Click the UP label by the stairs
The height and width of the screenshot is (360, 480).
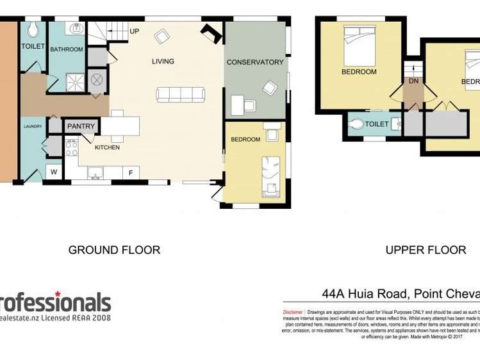[135, 31]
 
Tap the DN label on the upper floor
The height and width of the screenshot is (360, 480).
[413, 81]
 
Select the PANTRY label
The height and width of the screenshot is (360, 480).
[81, 126]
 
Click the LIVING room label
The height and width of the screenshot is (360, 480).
[163, 61]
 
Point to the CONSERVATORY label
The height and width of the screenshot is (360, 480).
[254, 62]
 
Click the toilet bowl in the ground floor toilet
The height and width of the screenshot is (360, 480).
[33, 29]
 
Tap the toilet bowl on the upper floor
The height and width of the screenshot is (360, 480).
[356, 124]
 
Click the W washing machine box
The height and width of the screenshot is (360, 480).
[54, 172]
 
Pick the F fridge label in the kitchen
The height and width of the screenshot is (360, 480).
[131, 173]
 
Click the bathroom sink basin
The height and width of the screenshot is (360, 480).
[76, 28]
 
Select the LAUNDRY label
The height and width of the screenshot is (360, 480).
[33, 126]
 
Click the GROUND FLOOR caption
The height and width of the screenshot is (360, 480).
[114, 250]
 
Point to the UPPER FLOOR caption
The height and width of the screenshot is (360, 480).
[426, 250]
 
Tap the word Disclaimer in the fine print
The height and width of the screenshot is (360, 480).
[293, 312]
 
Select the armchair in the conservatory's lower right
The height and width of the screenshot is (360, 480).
[270, 88]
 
